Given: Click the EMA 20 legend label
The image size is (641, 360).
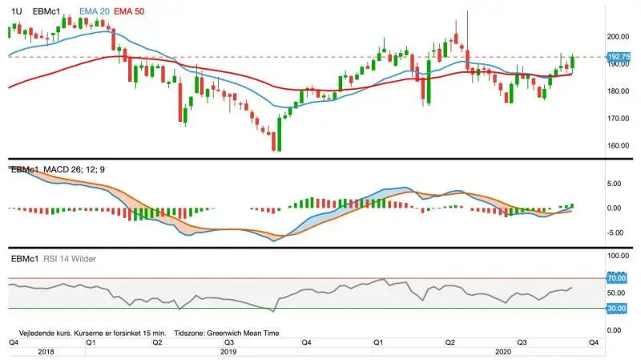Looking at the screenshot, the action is click(x=94, y=11).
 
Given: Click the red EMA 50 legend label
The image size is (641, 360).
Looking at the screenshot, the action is click(x=129, y=11).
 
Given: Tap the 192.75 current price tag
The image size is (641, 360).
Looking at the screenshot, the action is click(x=619, y=57).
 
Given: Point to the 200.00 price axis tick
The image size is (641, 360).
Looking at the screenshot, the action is click(x=618, y=37).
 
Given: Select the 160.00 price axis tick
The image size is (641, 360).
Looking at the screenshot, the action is click(x=618, y=146).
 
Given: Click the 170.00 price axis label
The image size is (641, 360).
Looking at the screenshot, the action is click(x=618, y=119).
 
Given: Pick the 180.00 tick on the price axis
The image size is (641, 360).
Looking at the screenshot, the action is click(x=618, y=91).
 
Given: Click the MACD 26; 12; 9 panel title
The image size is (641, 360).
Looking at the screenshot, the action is click(x=74, y=169).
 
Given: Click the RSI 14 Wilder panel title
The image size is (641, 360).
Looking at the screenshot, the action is click(x=70, y=259).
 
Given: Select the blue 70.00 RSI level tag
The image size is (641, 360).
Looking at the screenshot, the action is click(x=616, y=278).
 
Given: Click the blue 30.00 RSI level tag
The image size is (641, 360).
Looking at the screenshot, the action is click(x=616, y=309).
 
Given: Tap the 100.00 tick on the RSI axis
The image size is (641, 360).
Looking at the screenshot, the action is click(x=618, y=256).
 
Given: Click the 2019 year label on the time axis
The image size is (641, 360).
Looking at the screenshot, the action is click(x=228, y=352).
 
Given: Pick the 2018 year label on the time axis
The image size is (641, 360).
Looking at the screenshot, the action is click(x=46, y=352).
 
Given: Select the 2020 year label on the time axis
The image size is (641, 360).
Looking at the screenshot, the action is click(x=503, y=352).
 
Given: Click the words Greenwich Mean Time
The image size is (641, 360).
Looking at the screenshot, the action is click(x=243, y=333).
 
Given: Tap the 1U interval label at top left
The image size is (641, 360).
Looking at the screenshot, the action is click(x=16, y=11).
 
